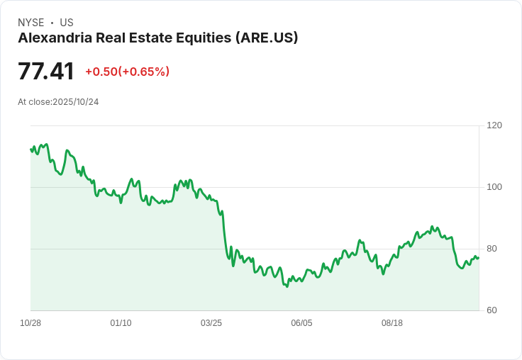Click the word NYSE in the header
(x=30, y=23)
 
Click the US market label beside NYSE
(x=67, y=23)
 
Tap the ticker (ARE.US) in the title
(x=266, y=38)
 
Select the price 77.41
(x=46, y=72)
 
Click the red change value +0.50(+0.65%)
(x=127, y=72)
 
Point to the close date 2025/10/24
(x=75, y=102)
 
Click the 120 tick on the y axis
(x=494, y=125)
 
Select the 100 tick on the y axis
(x=494, y=187)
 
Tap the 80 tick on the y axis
(x=492, y=249)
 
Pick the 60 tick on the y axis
(x=492, y=310)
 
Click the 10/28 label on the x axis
(x=30, y=323)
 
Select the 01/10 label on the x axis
(x=121, y=323)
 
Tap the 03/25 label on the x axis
(x=211, y=323)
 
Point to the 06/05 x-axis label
(x=301, y=323)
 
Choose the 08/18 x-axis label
(x=392, y=323)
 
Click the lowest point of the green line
(x=287, y=286)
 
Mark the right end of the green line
(x=479, y=257)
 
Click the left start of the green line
(x=30, y=149)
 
